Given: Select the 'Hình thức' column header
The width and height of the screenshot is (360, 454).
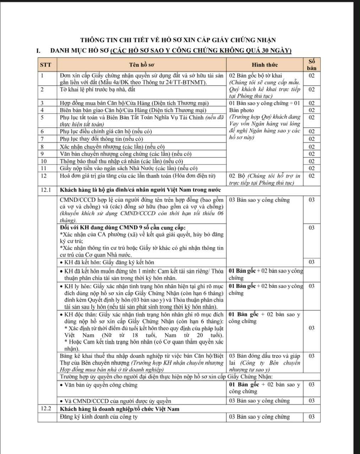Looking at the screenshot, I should click(x=264, y=65).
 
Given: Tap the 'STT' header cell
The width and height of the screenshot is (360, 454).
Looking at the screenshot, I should click(x=45, y=65).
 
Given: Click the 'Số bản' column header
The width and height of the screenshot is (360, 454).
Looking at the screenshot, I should click(x=311, y=65).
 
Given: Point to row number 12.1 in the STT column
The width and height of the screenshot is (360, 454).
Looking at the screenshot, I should click(x=45, y=190).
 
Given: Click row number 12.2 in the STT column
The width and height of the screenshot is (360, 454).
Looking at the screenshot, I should click(x=45, y=409).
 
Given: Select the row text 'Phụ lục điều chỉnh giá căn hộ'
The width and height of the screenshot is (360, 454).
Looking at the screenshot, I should click(x=106, y=131).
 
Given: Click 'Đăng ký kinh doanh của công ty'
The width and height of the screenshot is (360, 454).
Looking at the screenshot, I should click(x=98, y=417).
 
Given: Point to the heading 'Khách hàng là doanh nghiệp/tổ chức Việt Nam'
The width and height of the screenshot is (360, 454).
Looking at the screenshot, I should click(x=120, y=409).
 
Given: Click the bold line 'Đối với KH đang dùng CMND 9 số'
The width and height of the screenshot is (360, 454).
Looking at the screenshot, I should click(x=122, y=227).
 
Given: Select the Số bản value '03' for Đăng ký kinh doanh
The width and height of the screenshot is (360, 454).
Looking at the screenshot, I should click(x=311, y=417).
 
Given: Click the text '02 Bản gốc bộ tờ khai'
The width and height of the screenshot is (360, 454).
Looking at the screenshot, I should click(x=255, y=76).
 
